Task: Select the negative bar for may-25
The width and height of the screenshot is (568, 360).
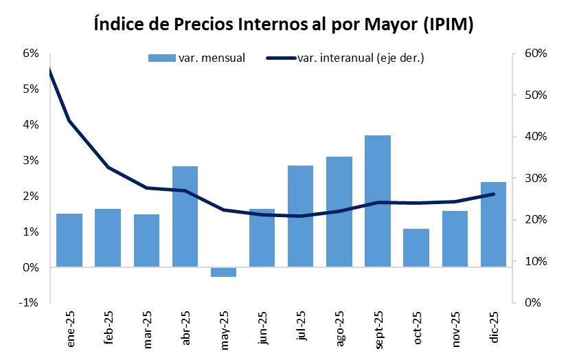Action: (223, 272)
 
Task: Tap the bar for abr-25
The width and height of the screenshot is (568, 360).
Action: (185, 216)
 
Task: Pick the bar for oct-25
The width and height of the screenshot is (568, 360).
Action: (416, 247)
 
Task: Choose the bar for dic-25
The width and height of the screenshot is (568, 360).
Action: (493, 224)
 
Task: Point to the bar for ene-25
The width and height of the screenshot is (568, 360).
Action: (69, 240)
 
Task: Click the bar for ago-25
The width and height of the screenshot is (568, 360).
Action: (339, 212)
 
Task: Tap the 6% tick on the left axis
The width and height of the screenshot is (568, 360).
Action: (30, 54)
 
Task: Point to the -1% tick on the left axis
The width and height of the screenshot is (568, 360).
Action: (28, 303)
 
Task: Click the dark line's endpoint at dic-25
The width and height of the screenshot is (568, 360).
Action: (493, 194)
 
